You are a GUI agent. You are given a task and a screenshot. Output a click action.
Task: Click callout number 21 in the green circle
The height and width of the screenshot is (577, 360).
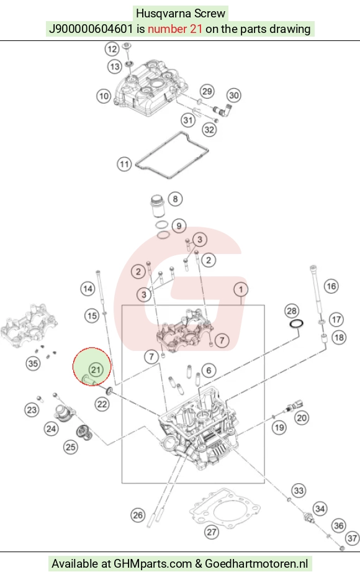pyautogui.click(x=96, y=369)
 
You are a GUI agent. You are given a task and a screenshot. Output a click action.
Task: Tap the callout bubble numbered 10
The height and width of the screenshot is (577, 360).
pyautogui.click(x=104, y=96)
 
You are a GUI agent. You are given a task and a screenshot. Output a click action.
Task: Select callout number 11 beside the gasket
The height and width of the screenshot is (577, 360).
pyautogui.click(x=124, y=164)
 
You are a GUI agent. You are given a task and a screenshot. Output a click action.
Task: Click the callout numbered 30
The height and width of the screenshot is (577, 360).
pyautogui.click(x=234, y=95)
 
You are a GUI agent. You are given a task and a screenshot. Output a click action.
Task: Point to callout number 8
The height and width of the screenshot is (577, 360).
pyautogui.click(x=175, y=199)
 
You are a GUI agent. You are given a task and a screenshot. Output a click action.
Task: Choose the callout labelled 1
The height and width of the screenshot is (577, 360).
pyautogui.click(x=241, y=289)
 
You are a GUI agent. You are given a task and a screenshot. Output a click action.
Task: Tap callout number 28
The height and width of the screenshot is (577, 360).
pyautogui.click(x=292, y=311)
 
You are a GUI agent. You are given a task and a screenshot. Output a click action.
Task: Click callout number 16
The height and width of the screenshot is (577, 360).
pyautogui.click(x=331, y=286)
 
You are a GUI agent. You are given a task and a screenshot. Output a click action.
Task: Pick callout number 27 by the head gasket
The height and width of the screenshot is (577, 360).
pyautogui.click(x=212, y=532)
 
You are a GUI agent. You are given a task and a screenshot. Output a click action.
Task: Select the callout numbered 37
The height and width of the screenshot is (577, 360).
pyautogui.click(x=353, y=538)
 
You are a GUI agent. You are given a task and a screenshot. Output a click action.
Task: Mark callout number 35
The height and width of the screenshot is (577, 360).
pyautogui.click(x=33, y=363)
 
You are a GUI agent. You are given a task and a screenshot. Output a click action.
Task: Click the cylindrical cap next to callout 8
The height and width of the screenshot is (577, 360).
pyautogui.click(x=158, y=208)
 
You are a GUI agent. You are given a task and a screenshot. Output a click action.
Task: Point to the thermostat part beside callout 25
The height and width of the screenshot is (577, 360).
pyautogui.click(x=84, y=433)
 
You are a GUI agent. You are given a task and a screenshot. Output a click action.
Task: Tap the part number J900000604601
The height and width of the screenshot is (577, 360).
pyautogui.click(x=91, y=29)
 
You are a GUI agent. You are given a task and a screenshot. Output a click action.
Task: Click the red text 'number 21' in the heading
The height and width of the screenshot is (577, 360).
pyautogui.click(x=174, y=29)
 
